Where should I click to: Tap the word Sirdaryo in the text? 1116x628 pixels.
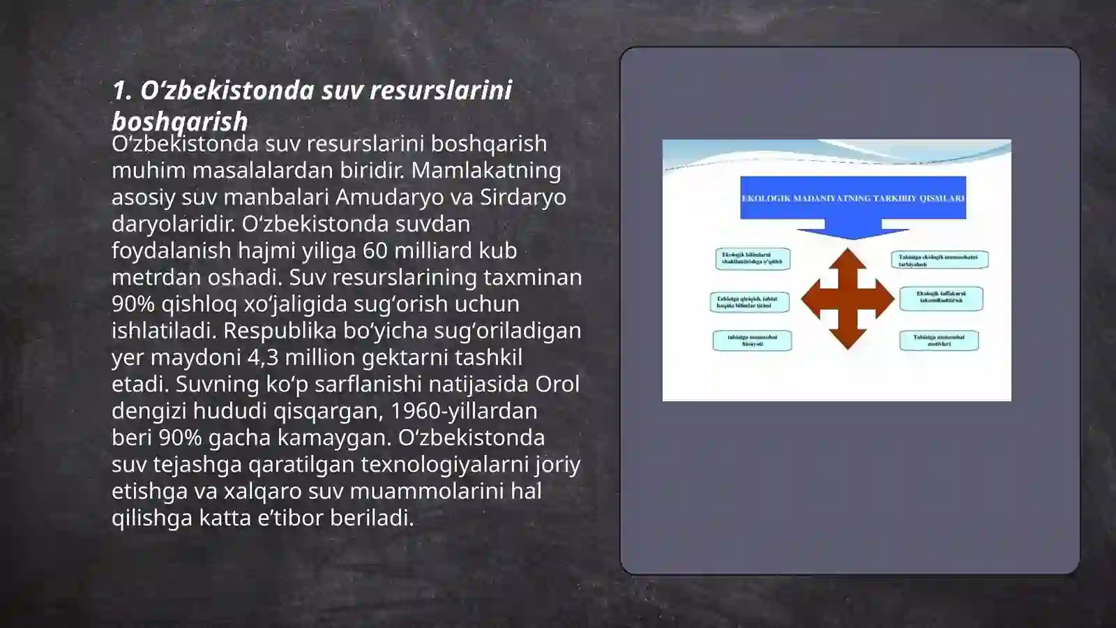pos(522,197)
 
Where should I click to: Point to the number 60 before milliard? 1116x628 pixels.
pos(375,251)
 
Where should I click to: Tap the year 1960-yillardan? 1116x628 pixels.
pos(463,411)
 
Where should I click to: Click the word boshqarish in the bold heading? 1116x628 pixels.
pos(180,121)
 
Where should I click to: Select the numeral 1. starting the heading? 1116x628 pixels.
pos(122,90)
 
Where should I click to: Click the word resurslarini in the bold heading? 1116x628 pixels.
pos(440,90)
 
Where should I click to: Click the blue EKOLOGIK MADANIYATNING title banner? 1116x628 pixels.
pos(852,198)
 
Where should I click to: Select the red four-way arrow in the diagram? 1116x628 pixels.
pos(847,299)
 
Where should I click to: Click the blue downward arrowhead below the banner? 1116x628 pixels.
pos(852,233)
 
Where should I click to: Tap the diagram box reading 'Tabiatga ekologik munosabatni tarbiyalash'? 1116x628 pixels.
pos(939,260)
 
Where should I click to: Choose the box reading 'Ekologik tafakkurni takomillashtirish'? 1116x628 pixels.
pos(941,298)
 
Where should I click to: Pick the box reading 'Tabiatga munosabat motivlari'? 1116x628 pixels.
pos(939,341)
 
